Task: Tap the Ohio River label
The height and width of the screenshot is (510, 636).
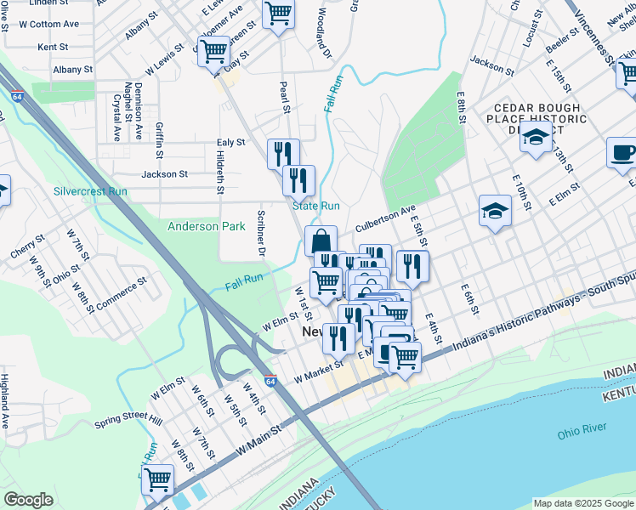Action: click(581, 433)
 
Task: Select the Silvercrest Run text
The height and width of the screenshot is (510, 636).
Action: click(90, 191)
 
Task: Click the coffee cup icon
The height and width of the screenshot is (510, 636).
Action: click(622, 153)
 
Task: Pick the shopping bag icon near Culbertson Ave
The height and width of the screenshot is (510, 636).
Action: click(321, 241)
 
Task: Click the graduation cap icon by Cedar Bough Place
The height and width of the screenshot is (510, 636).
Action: click(536, 138)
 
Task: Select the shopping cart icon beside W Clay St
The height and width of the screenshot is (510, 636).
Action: click(213, 51)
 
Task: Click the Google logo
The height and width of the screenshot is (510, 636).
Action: click(28, 500)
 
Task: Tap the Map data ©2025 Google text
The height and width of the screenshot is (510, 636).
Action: click(583, 503)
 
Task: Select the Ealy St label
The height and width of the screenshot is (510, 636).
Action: click(230, 143)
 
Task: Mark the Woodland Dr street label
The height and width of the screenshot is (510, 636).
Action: click(323, 35)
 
